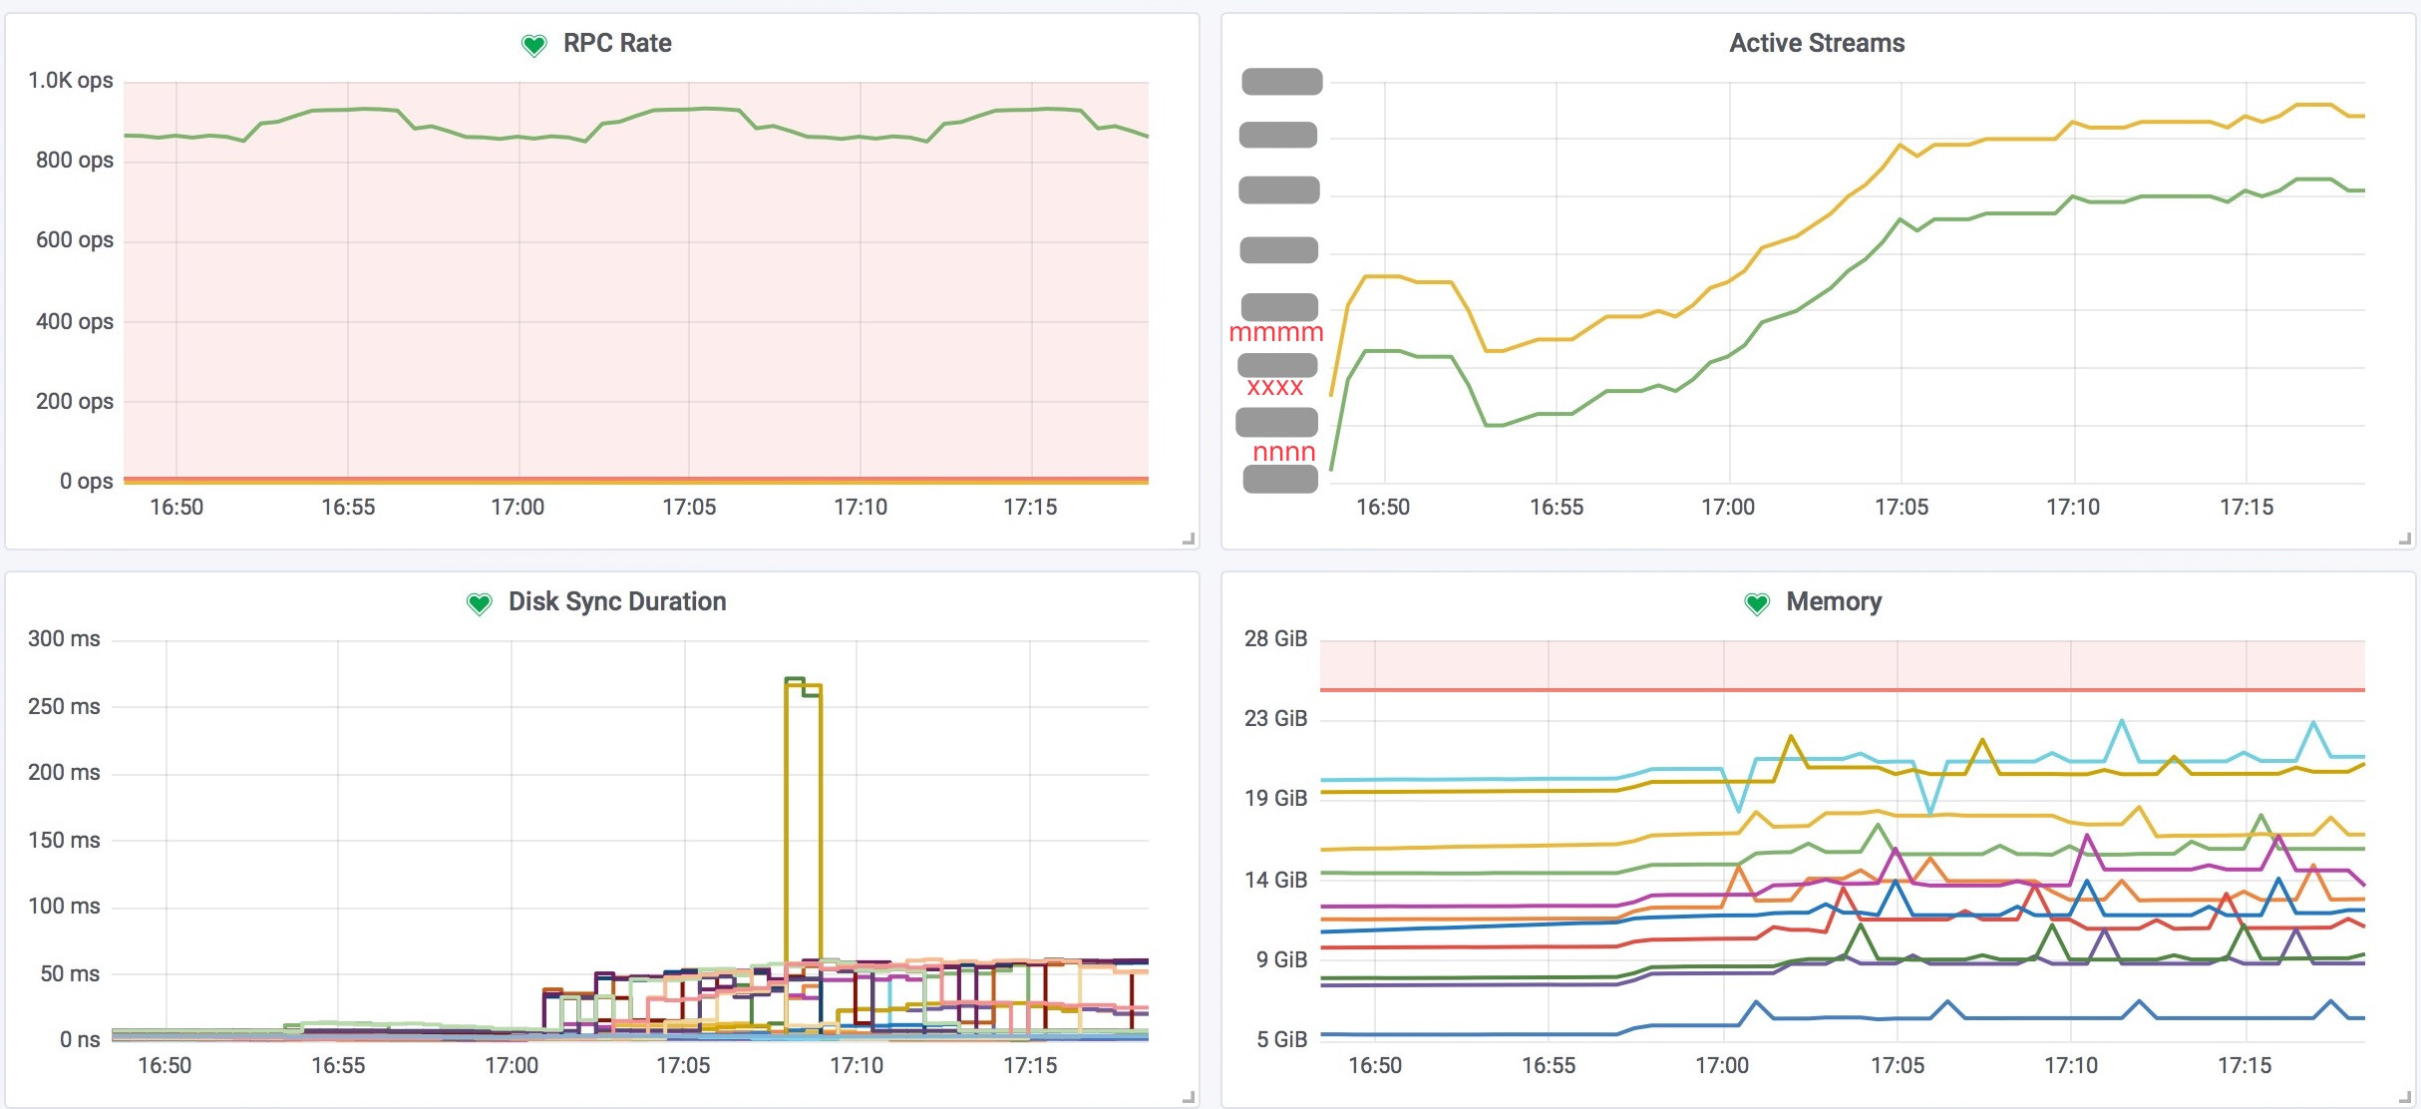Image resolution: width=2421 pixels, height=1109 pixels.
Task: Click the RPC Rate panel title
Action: point(617,44)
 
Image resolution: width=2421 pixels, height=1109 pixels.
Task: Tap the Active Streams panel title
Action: point(1817,44)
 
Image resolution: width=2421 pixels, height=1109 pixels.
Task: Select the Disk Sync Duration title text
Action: point(617,602)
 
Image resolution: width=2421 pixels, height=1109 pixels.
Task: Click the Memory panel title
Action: point(1834,602)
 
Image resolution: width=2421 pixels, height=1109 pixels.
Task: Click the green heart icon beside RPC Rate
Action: point(534,45)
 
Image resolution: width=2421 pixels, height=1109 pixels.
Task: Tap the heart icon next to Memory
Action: point(1757,603)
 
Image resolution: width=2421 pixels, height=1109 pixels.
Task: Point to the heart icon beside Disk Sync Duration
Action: point(480,603)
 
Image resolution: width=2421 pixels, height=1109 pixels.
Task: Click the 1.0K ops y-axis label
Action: point(71,81)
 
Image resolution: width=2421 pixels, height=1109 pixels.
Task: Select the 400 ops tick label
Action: point(75,322)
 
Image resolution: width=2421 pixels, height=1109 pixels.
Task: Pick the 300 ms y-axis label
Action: point(64,639)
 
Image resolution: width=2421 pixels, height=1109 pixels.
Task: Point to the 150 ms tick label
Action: point(64,841)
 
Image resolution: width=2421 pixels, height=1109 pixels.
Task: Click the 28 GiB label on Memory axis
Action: point(1275,639)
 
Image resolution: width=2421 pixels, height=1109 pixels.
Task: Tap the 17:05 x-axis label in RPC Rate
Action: point(689,508)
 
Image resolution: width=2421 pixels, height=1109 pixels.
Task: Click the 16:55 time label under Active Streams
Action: point(1556,508)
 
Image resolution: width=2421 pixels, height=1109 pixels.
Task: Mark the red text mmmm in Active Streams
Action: point(1276,333)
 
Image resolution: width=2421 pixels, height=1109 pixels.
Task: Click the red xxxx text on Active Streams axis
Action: point(1275,388)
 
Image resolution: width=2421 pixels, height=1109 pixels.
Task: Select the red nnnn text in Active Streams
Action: point(1284,453)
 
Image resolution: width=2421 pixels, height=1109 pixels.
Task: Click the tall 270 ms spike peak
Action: point(795,680)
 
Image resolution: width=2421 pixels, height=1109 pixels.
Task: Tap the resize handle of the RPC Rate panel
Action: point(1188,539)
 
